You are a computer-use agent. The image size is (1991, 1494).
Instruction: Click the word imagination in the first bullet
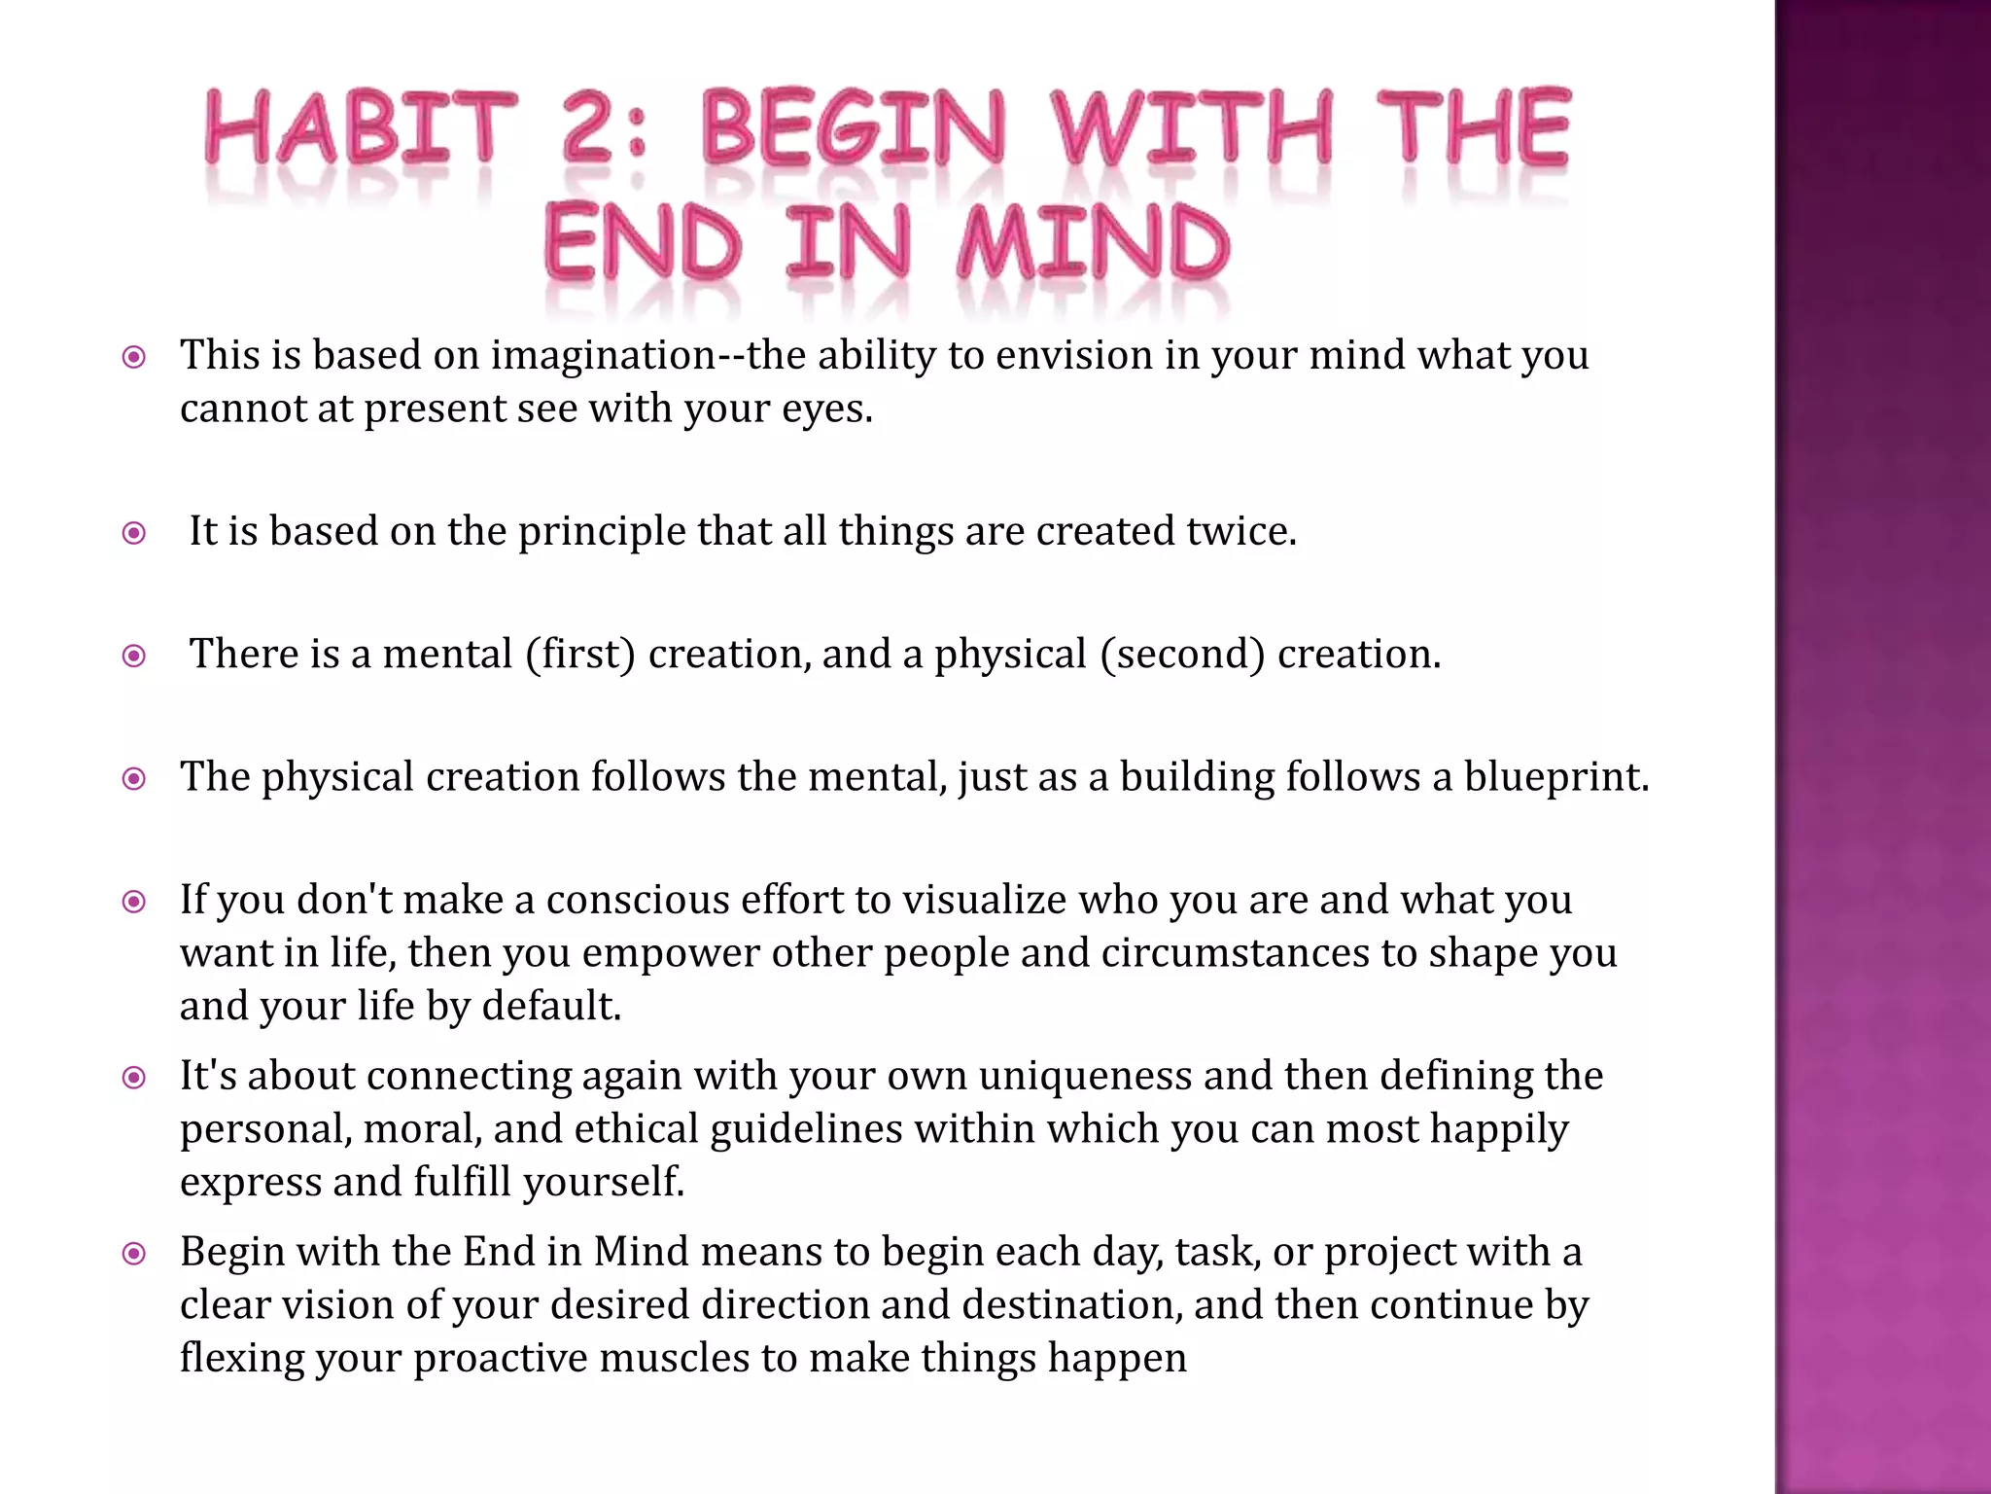(604, 355)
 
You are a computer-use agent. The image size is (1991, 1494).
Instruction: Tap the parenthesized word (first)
(580, 655)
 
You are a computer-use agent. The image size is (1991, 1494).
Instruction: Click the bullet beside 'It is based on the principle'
(134, 533)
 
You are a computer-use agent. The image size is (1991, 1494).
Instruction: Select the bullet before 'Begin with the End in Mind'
(134, 1253)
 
